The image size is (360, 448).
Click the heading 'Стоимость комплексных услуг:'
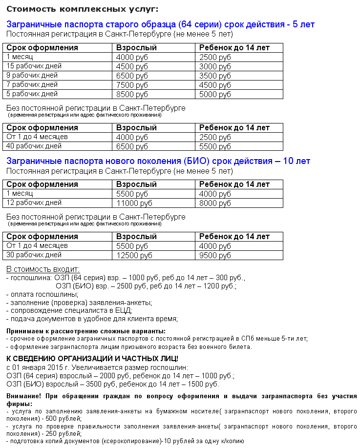coord(83,9)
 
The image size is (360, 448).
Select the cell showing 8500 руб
coord(132,94)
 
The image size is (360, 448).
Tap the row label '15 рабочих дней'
coord(32,66)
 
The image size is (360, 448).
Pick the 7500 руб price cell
coord(132,85)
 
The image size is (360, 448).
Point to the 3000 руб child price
coord(215,66)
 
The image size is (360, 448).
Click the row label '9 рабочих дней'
coord(32,75)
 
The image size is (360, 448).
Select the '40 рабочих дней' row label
coord(34,145)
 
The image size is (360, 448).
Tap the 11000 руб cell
coord(134,203)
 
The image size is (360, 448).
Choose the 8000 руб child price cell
coord(215,203)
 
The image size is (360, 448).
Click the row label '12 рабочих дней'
coord(34,203)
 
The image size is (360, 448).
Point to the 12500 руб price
coord(134,255)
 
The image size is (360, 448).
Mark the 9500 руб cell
coord(215,255)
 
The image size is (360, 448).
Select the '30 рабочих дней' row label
coord(34,255)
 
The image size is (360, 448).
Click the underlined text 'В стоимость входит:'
coord(43,269)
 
